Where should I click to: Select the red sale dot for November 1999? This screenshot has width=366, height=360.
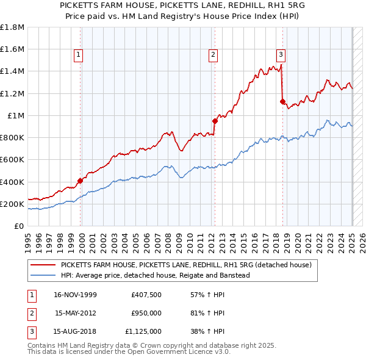click(x=81, y=181)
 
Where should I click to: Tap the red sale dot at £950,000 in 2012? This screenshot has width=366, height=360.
click(x=215, y=121)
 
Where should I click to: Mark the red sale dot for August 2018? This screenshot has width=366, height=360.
click(x=282, y=101)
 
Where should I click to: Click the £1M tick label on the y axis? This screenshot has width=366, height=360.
click(x=16, y=115)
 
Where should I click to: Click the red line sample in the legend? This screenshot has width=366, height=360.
click(x=43, y=265)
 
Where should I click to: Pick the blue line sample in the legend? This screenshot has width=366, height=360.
click(x=43, y=275)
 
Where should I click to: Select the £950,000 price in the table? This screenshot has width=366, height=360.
click(x=146, y=313)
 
